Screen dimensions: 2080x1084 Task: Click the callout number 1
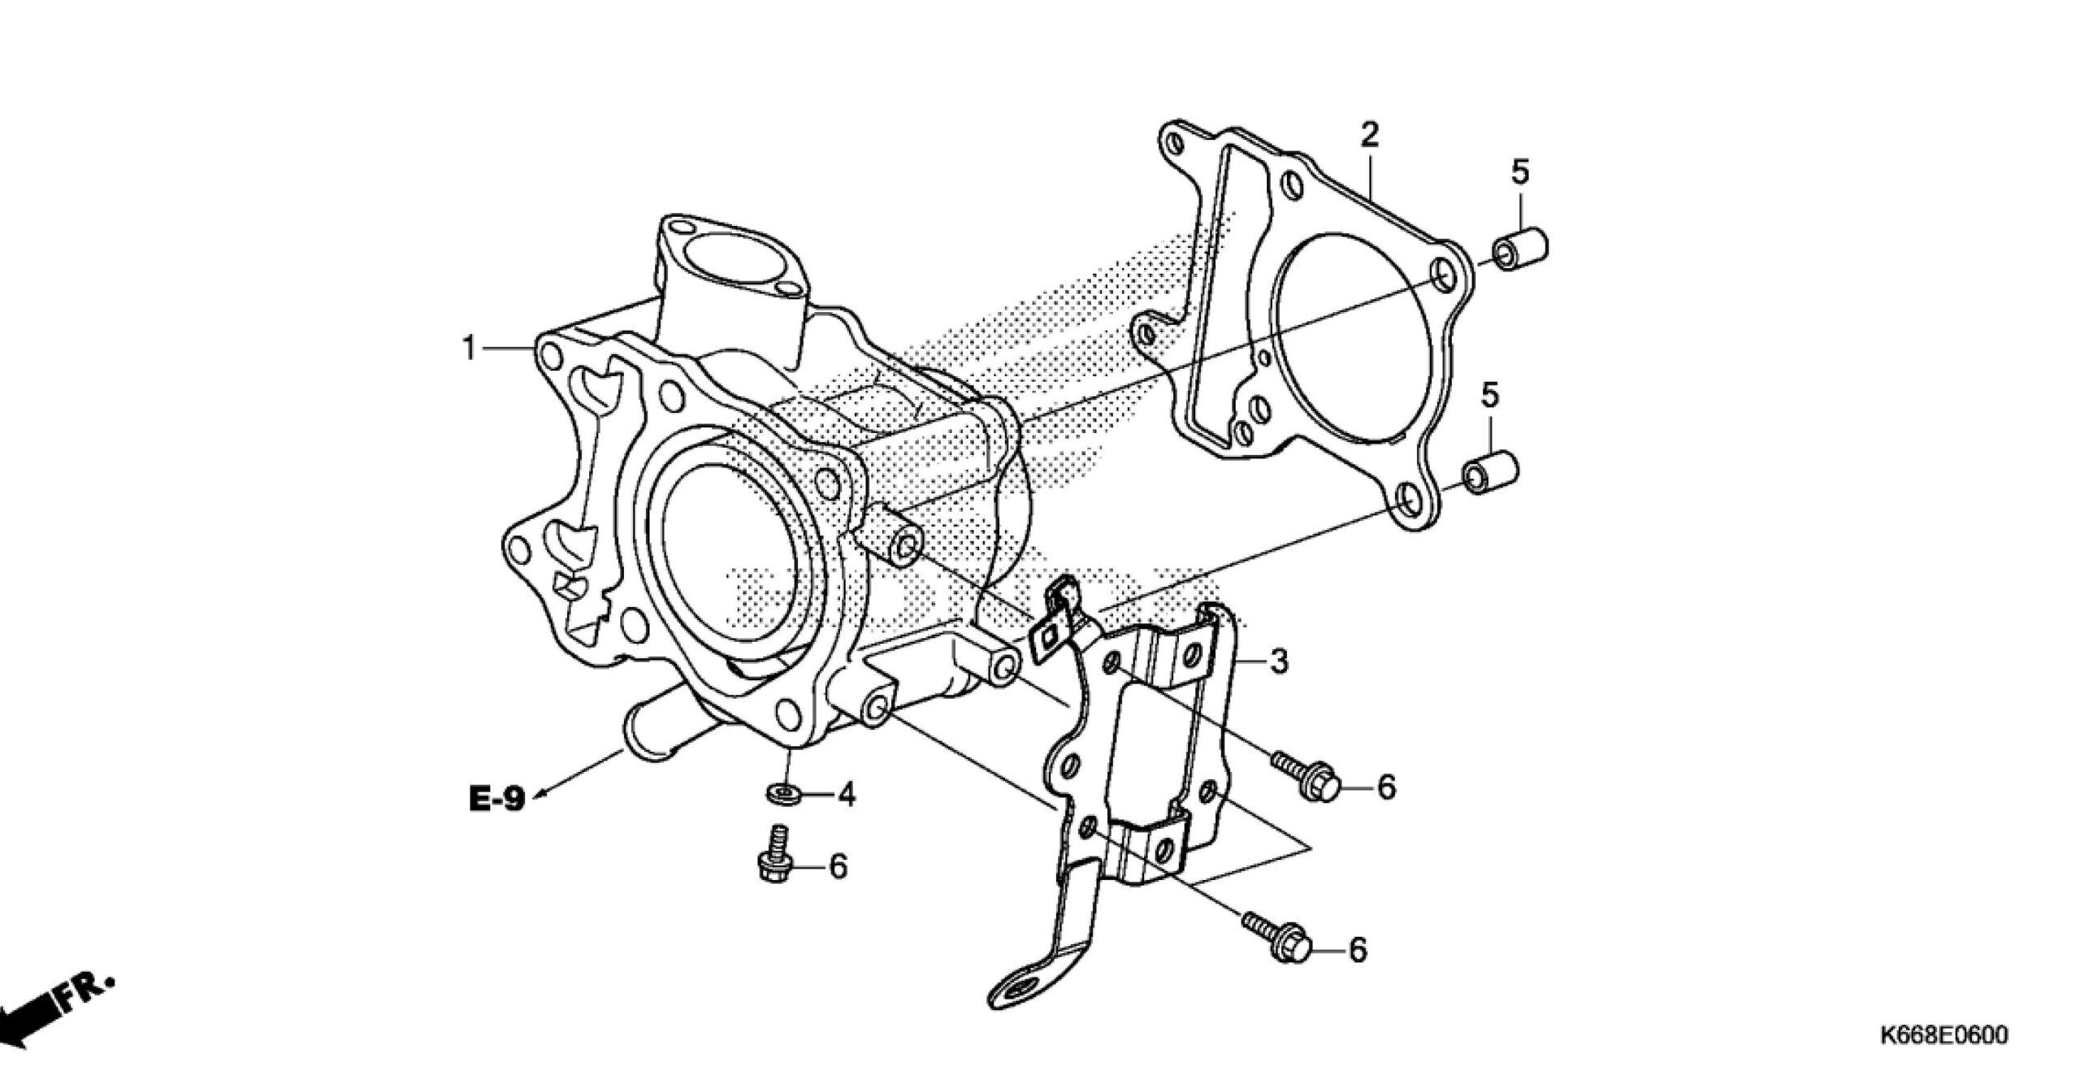coord(468,349)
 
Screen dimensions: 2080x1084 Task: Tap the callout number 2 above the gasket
coord(1370,135)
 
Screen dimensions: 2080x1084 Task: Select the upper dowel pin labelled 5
coord(1520,252)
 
